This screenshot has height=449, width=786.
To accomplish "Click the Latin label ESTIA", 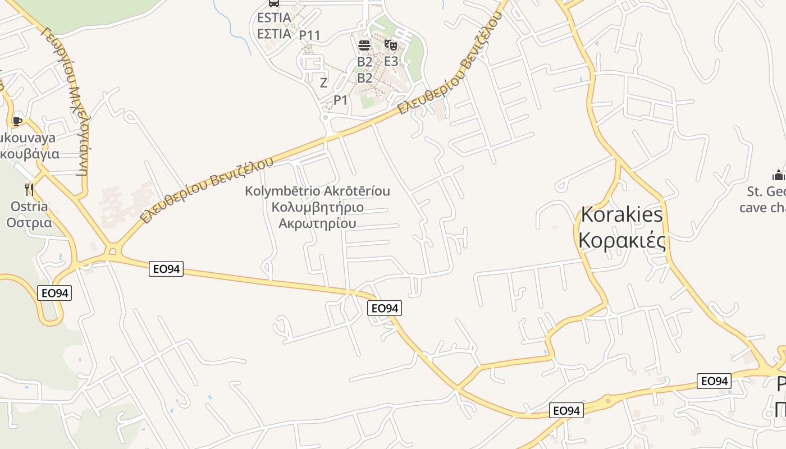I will (274, 18).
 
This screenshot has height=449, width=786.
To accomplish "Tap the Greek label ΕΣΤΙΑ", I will (274, 34).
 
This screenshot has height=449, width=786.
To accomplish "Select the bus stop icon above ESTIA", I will (274, 3).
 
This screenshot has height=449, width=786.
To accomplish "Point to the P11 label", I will (309, 35).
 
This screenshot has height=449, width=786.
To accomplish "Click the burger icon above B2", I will (364, 45).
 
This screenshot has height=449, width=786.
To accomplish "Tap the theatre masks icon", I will (391, 45).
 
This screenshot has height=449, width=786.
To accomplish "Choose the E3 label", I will (391, 61).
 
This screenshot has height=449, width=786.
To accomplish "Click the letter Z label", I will (323, 83).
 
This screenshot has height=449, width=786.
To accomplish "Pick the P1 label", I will (341, 100).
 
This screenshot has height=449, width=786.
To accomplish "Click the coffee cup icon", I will (17, 121).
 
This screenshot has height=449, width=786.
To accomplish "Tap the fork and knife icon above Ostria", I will (29, 190).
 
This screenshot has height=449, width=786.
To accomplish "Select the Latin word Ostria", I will (29, 206).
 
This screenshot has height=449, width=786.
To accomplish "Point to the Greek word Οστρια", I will (29, 222).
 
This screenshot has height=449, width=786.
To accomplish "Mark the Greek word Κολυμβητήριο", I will (317, 207).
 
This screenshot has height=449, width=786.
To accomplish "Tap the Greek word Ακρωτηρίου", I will (317, 223).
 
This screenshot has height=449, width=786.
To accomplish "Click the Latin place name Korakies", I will (622, 214).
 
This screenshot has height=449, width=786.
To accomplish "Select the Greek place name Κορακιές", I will (622, 240).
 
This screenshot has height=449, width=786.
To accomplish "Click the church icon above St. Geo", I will (778, 175).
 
